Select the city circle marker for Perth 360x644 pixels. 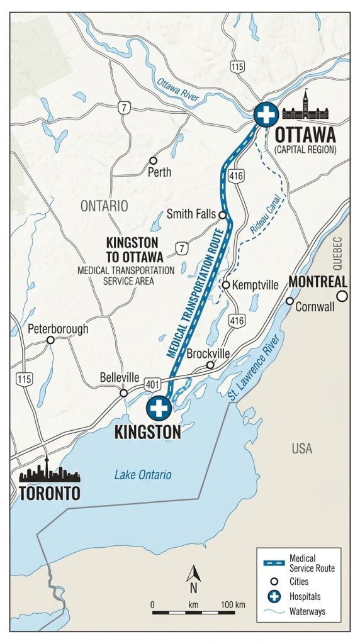click(x=152, y=160)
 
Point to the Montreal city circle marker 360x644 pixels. click(x=342, y=296)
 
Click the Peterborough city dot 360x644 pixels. click(x=50, y=340)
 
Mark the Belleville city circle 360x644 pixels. click(x=124, y=393)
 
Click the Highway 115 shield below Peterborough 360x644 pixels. click(x=25, y=379)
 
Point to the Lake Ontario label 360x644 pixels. click(x=143, y=475)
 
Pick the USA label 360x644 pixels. click(x=302, y=449)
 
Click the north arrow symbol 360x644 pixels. click(x=194, y=575)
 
